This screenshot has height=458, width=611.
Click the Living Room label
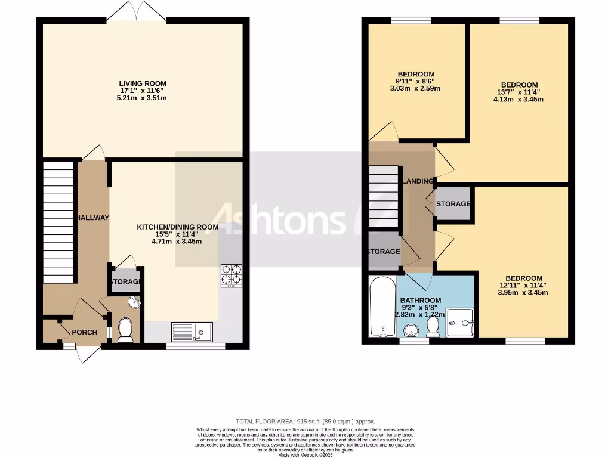(142, 83)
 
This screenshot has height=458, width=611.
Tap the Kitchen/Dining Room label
(177, 227)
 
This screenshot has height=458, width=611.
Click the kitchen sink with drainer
(192, 331)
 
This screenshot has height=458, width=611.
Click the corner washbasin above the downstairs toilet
(134, 303)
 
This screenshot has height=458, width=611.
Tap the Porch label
(84, 332)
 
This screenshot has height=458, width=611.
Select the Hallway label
(92, 218)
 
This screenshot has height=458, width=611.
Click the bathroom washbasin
(411, 330)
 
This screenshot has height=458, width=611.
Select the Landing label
(418, 181)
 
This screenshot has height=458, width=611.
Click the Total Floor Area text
(305, 422)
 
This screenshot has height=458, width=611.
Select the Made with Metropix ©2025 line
(305, 454)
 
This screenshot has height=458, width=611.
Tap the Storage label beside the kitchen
(125, 282)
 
